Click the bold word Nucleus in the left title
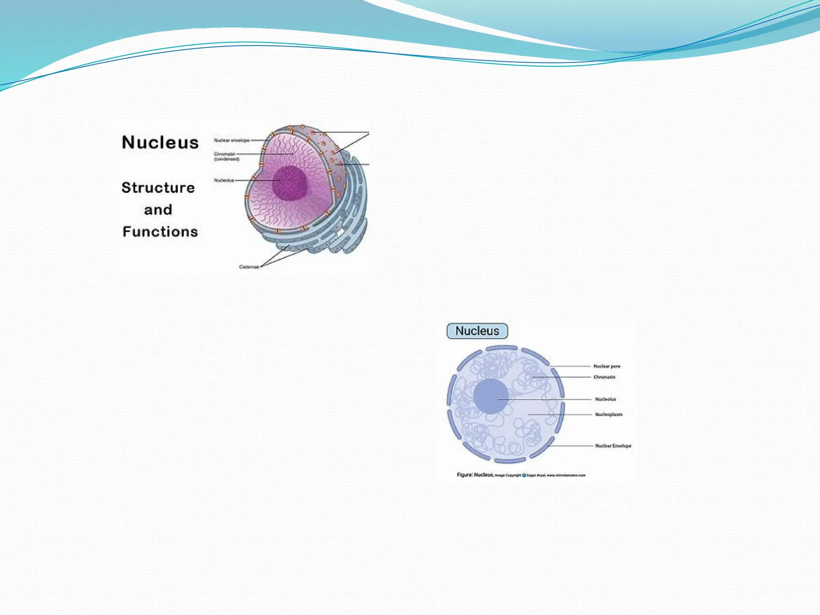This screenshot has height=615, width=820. pos(160,143)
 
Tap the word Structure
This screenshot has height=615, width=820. pos(158,188)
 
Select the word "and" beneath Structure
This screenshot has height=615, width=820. pos(158,210)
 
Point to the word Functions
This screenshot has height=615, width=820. pos(160,232)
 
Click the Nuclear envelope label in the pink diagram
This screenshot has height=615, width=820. pos(231,141)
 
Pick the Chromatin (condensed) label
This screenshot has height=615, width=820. pos(226,157)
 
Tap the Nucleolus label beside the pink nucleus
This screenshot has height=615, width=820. pos(224,181)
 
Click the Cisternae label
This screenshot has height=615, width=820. pos(249,267)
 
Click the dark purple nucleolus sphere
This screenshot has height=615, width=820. pos(290,183)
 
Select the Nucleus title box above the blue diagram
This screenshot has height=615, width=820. pos(477,331)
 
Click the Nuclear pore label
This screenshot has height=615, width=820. pos(607,366)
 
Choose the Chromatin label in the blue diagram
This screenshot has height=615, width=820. pos(604,377)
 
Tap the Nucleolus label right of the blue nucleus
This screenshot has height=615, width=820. pos(605,399)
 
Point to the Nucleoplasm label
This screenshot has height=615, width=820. pos(609,414)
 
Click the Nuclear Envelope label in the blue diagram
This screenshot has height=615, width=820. pos(613,446)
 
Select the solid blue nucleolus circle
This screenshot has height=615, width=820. pos(490,396)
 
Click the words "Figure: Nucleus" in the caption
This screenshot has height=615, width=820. pos(474,475)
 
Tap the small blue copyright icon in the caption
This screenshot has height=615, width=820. pos(524,475)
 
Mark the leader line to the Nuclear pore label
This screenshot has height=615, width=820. pos(571,366)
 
